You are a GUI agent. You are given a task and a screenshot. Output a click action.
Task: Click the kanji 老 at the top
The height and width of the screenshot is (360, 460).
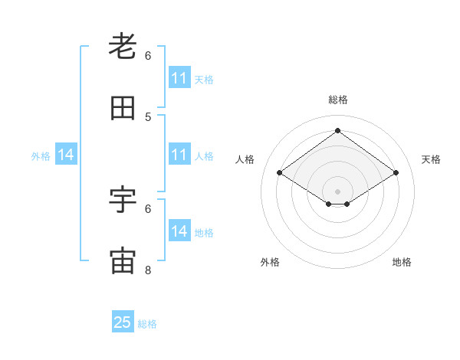click(123, 47)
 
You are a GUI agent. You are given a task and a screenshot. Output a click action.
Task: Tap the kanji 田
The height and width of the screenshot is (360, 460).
click(123, 109)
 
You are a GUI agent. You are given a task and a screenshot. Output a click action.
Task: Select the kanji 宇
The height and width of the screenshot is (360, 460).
click(123, 200)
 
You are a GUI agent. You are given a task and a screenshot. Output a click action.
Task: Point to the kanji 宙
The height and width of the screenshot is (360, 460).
click(123, 261)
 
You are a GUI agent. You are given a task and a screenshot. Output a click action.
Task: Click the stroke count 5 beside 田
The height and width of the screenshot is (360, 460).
click(148, 117)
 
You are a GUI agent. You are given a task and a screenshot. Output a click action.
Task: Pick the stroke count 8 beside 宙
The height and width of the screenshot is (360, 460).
click(148, 270)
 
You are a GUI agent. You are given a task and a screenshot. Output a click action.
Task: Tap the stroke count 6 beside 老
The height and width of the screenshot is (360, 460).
click(148, 56)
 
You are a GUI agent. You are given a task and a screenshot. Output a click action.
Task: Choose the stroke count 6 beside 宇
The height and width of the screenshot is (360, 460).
click(148, 208)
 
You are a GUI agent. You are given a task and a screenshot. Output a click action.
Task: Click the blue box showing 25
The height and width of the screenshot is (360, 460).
click(123, 322)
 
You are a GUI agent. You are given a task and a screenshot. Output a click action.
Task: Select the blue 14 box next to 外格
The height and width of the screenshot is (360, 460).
click(66, 155)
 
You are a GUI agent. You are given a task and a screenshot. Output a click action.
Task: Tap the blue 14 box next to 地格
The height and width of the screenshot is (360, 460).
click(179, 231)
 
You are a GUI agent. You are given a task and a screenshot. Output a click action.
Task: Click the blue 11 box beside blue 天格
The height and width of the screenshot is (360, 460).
click(179, 78)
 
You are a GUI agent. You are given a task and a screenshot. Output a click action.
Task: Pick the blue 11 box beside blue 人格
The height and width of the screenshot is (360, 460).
click(179, 155)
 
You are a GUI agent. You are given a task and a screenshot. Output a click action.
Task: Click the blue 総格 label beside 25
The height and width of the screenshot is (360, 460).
click(147, 324)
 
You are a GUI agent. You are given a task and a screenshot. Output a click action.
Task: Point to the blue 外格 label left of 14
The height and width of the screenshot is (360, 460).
click(41, 155)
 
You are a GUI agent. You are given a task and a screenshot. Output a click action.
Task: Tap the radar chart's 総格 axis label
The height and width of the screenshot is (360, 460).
click(338, 100)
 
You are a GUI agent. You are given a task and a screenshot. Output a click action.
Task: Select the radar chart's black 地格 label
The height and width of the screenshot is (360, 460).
click(402, 262)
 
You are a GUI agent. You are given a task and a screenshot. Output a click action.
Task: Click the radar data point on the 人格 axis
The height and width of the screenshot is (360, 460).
click(280, 173)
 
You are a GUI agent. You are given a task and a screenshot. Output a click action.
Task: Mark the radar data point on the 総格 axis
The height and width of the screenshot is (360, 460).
click(338, 131)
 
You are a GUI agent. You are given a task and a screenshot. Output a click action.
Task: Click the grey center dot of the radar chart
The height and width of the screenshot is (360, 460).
click(338, 191)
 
